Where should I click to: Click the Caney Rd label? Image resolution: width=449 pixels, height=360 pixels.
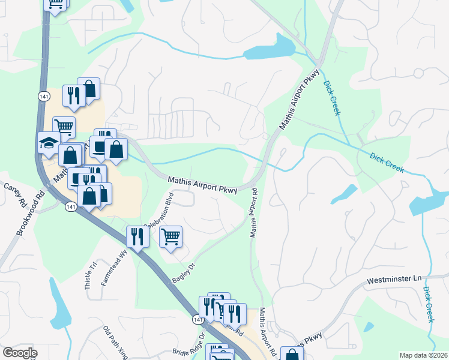[x=12, y=190]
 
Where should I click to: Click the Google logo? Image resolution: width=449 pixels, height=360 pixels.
[x=19, y=353]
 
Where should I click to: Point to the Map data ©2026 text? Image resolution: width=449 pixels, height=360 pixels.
[x=423, y=355]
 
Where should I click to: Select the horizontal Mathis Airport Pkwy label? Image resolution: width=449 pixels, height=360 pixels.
[x=202, y=184]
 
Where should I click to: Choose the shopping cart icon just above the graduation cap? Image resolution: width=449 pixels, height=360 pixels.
[x=64, y=127]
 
